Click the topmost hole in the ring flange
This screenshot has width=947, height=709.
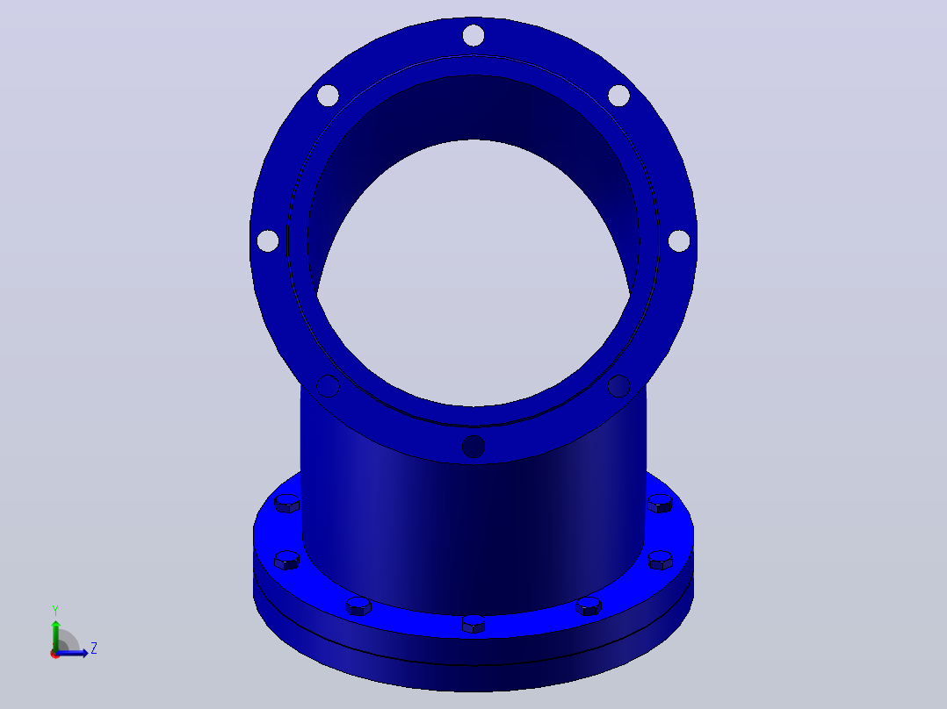473,35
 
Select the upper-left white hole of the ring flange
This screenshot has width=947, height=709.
328,96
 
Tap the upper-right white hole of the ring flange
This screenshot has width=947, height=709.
619,96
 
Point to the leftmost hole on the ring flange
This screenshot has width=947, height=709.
268,240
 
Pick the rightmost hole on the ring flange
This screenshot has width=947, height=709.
679,240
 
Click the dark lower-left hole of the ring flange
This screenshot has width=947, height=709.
328,386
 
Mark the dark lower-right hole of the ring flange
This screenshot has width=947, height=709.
619,386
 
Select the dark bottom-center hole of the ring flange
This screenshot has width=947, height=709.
473,447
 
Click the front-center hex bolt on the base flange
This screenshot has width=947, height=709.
473,624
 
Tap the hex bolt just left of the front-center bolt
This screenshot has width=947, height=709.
358,605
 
